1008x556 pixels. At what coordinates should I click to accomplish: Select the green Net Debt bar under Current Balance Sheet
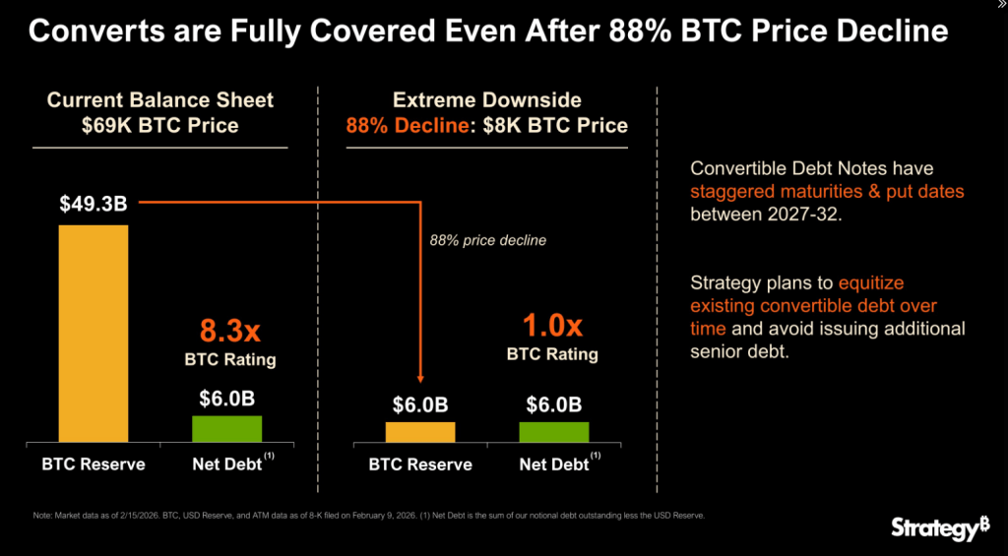click(x=226, y=429)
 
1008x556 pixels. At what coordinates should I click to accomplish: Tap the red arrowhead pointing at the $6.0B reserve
click(x=420, y=376)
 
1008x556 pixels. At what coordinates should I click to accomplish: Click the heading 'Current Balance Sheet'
click(x=160, y=99)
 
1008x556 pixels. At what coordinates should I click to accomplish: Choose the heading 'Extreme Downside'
click(x=486, y=99)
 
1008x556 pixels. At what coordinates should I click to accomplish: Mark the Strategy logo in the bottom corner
click(x=939, y=528)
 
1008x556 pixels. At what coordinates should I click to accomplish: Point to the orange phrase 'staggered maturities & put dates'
click(x=827, y=191)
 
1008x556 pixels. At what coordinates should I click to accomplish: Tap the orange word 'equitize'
click(x=867, y=281)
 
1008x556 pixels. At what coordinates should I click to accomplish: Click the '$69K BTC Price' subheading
click(x=160, y=125)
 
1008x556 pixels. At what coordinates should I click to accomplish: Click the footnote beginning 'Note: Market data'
click(x=364, y=516)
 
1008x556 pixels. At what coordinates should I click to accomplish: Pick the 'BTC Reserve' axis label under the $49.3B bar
click(x=93, y=463)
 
